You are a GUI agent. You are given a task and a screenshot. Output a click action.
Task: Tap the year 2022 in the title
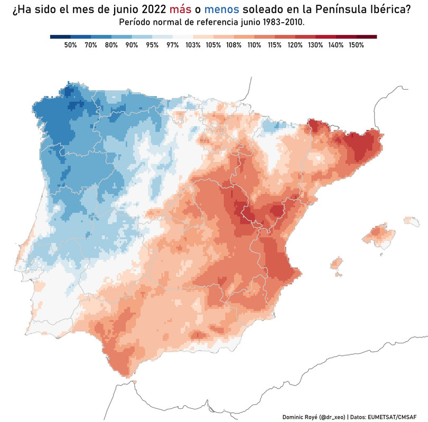150,10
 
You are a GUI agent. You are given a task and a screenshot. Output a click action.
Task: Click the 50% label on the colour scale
70,45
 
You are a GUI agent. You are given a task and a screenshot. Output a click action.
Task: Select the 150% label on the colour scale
356,45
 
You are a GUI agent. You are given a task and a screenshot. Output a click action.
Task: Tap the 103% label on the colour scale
193,45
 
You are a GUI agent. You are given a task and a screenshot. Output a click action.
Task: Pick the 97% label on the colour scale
172,45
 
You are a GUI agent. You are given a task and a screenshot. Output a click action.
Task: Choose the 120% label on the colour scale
295,45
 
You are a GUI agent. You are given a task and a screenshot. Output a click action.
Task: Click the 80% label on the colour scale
111,45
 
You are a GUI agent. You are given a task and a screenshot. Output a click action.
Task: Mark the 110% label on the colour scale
254,45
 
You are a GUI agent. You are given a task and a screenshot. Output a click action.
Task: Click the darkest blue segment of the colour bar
60,36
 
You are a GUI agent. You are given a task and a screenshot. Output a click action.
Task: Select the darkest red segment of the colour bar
367,36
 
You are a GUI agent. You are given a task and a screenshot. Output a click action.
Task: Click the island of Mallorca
379,235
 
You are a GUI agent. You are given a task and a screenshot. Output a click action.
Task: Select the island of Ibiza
336,263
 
